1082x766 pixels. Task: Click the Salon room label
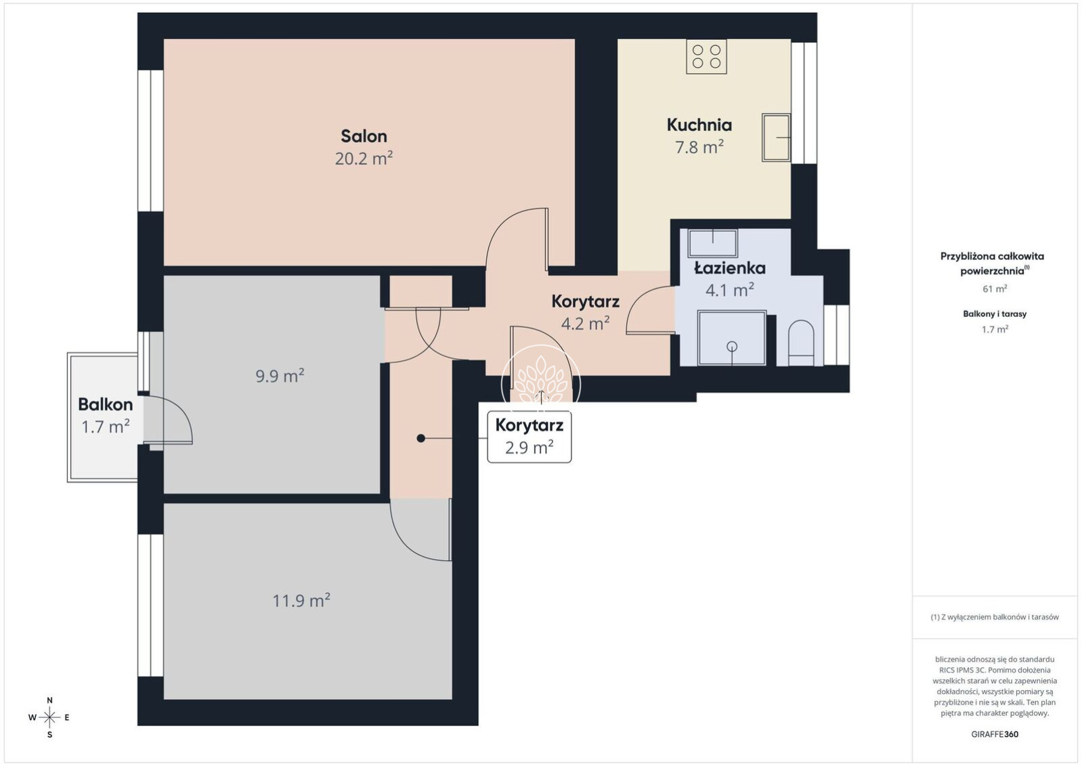coord(364,136)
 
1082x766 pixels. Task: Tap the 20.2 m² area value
coord(364,158)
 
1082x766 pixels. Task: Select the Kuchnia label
coord(699,125)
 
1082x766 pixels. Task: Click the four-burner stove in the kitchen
coord(706,56)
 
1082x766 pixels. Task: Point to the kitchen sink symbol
coord(776,137)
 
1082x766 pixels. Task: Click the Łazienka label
coord(729,268)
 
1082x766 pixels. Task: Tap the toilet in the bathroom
coord(801,343)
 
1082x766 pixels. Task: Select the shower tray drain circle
coord(733,346)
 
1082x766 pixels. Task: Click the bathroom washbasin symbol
coord(712,243)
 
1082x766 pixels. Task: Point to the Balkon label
coord(106,404)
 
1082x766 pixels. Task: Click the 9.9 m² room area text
coord(280,375)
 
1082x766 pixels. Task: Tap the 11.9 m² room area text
coord(301,601)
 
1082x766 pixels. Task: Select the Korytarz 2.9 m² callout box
coord(529,437)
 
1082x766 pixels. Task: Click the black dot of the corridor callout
coord(420,438)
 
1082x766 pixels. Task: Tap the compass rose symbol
coord(49,718)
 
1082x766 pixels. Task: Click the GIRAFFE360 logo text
coord(995,734)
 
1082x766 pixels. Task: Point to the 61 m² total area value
coord(995,289)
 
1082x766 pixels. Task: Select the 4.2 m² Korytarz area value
coord(585,323)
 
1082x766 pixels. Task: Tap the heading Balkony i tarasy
coord(995,314)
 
